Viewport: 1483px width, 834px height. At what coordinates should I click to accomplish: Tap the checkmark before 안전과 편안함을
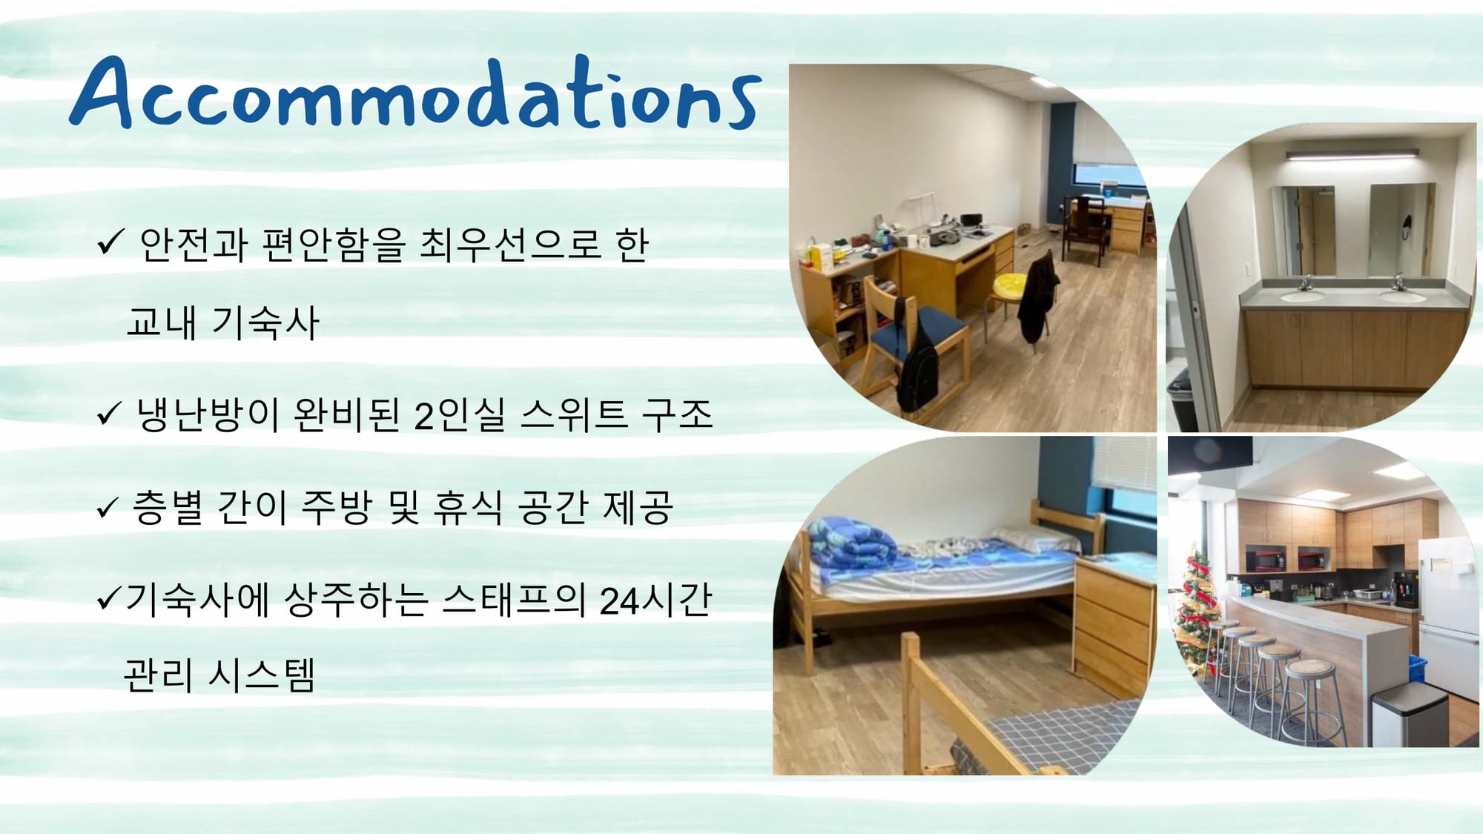(x=109, y=242)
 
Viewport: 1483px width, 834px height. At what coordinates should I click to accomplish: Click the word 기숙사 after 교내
(x=265, y=322)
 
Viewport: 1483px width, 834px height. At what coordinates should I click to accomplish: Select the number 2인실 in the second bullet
(x=459, y=414)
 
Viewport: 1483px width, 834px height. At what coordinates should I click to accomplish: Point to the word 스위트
(x=574, y=414)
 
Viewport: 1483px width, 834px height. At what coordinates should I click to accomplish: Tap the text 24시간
(x=655, y=600)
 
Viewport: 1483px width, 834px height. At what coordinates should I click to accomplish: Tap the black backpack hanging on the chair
(x=918, y=363)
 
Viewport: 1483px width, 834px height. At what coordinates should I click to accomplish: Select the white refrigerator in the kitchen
(x=1449, y=615)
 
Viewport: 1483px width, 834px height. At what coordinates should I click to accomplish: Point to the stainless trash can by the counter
(x=1409, y=715)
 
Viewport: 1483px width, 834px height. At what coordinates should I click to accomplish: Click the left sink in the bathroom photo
(x=1303, y=296)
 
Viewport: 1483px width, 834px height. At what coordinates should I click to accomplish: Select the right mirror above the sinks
(x=1398, y=230)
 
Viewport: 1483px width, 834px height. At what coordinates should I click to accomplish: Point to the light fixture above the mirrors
(x=1352, y=155)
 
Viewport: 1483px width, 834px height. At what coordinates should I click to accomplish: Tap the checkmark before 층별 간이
(x=108, y=509)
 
